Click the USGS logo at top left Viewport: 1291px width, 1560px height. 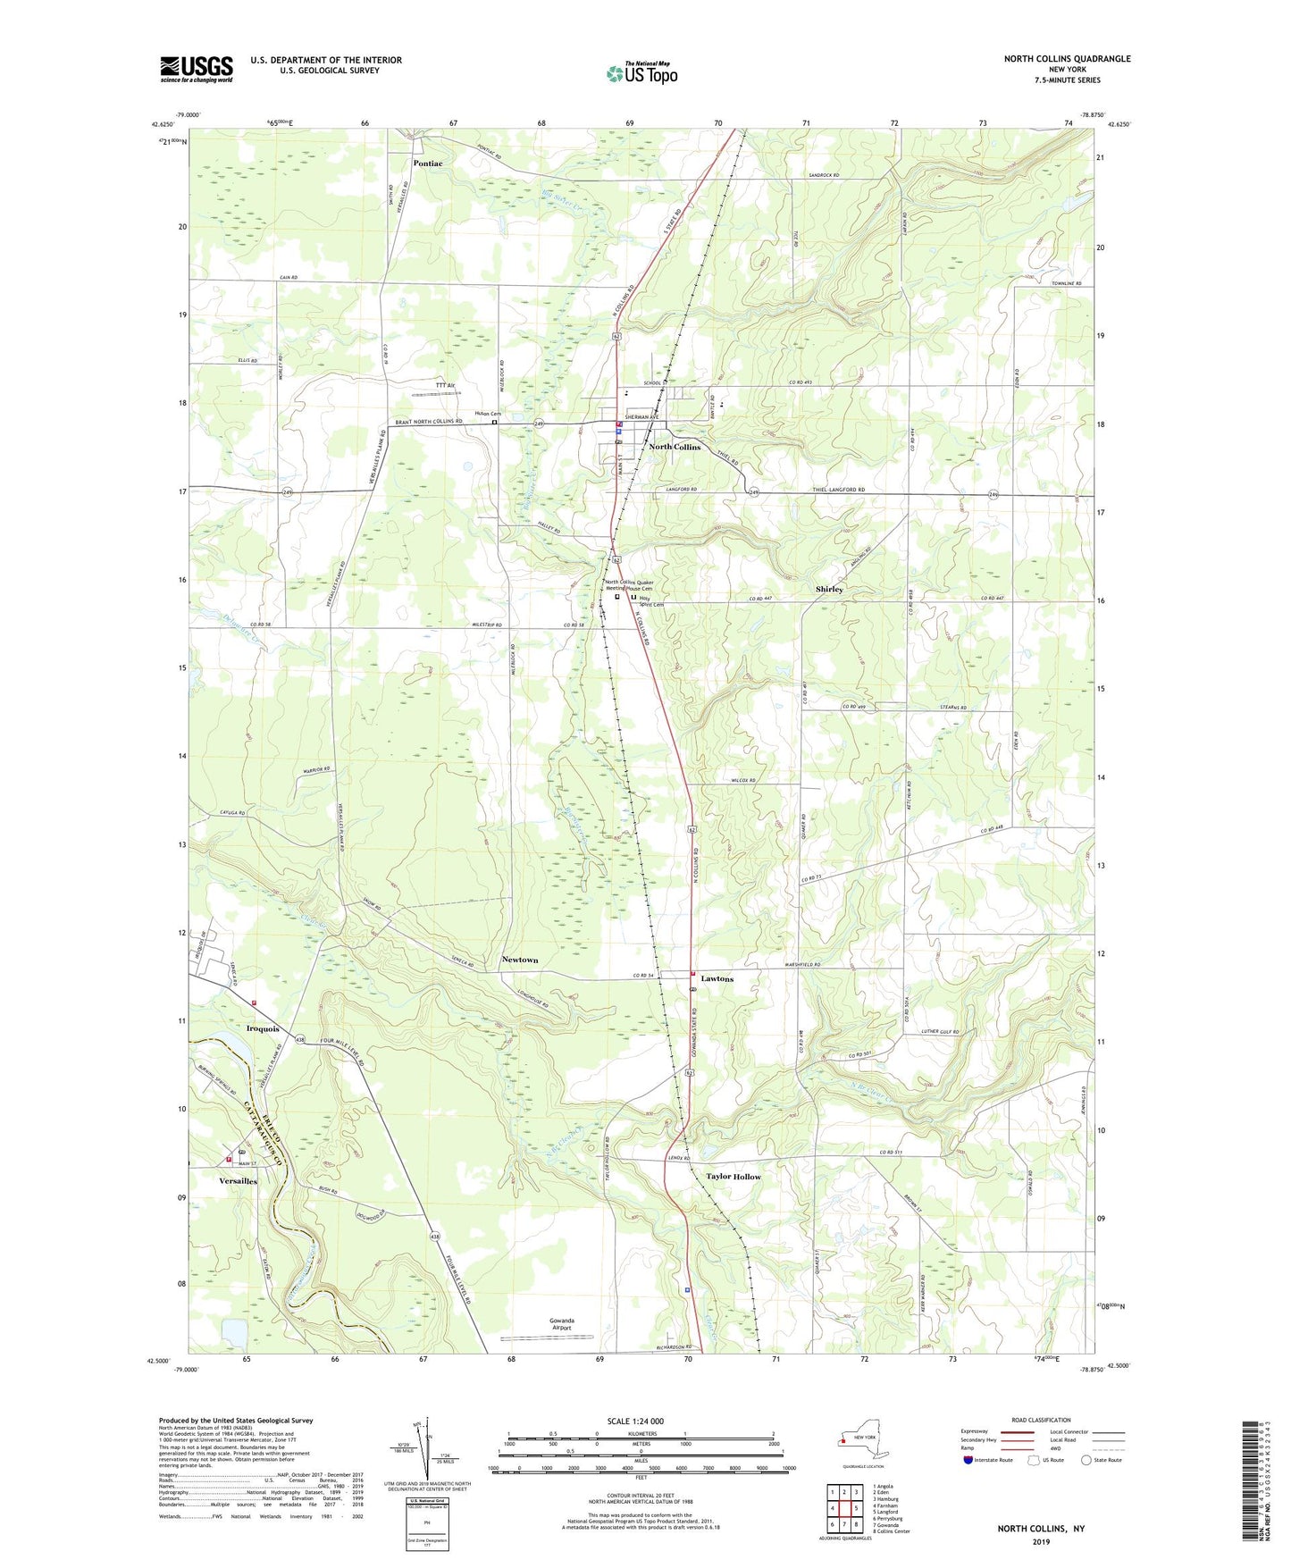click(196, 69)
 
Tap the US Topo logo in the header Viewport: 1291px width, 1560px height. click(641, 73)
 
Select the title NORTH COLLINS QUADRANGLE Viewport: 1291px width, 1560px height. click(1067, 59)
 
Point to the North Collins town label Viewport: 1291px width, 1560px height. click(675, 447)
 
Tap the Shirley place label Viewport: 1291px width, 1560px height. click(828, 590)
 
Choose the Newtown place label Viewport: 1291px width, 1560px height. click(519, 960)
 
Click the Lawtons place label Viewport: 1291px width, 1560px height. click(717, 979)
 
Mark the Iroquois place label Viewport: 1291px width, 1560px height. click(263, 1029)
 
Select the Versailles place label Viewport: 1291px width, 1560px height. click(238, 1181)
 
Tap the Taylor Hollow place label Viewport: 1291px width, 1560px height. click(734, 1177)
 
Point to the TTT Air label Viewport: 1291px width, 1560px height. click(445, 385)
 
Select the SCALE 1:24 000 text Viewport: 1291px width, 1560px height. click(635, 1422)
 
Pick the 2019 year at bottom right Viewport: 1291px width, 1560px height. click(1041, 1541)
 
